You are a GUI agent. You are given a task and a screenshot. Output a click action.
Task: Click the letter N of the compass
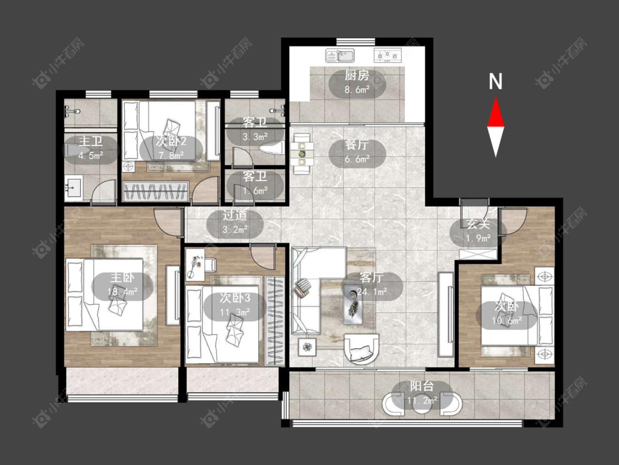(x=495, y=82)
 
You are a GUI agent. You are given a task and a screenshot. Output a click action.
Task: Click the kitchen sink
(x=340, y=56)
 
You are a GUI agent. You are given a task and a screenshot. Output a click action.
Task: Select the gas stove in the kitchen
(x=388, y=55)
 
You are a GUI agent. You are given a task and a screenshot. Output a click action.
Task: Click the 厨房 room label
(x=357, y=75)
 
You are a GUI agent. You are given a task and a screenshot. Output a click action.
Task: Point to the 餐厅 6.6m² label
(x=357, y=152)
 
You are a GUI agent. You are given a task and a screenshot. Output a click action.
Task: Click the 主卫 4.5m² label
(x=91, y=148)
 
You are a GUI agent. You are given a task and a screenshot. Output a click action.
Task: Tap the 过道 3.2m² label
(x=235, y=223)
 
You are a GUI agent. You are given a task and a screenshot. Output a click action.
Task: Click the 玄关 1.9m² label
(x=478, y=230)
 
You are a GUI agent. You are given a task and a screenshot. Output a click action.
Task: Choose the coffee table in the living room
(x=353, y=304)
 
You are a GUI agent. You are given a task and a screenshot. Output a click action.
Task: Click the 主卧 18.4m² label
(x=123, y=285)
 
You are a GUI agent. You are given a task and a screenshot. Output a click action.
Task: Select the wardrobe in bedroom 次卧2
(x=156, y=191)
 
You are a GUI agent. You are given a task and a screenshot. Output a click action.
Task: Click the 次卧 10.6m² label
(x=507, y=313)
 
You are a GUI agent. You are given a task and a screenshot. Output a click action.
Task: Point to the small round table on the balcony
(x=422, y=403)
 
